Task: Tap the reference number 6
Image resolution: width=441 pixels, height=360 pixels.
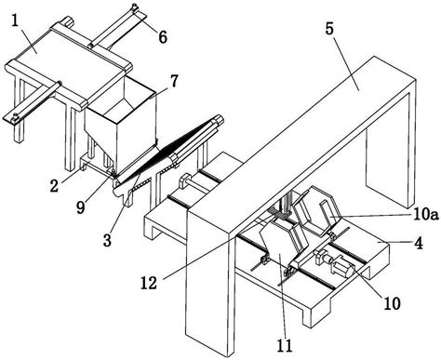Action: pos(163,37)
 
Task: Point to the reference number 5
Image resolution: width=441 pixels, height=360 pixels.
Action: pos(329,29)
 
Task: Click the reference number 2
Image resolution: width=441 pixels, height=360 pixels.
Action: pos(54,186)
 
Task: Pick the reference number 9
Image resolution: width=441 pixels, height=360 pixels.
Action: pos(80,207)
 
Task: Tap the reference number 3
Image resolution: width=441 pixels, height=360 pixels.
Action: pos(107,240)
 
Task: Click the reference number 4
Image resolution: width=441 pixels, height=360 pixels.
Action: pos(419,243)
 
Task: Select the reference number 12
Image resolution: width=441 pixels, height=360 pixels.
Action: pos(149,283)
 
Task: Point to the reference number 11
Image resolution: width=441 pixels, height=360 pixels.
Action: pos(285,345)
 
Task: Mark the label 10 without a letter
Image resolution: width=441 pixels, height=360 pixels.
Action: pos(392,303)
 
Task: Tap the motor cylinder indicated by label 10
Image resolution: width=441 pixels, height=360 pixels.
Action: pos(342,267)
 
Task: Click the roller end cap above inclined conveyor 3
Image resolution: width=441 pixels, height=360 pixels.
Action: pos(219,119)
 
